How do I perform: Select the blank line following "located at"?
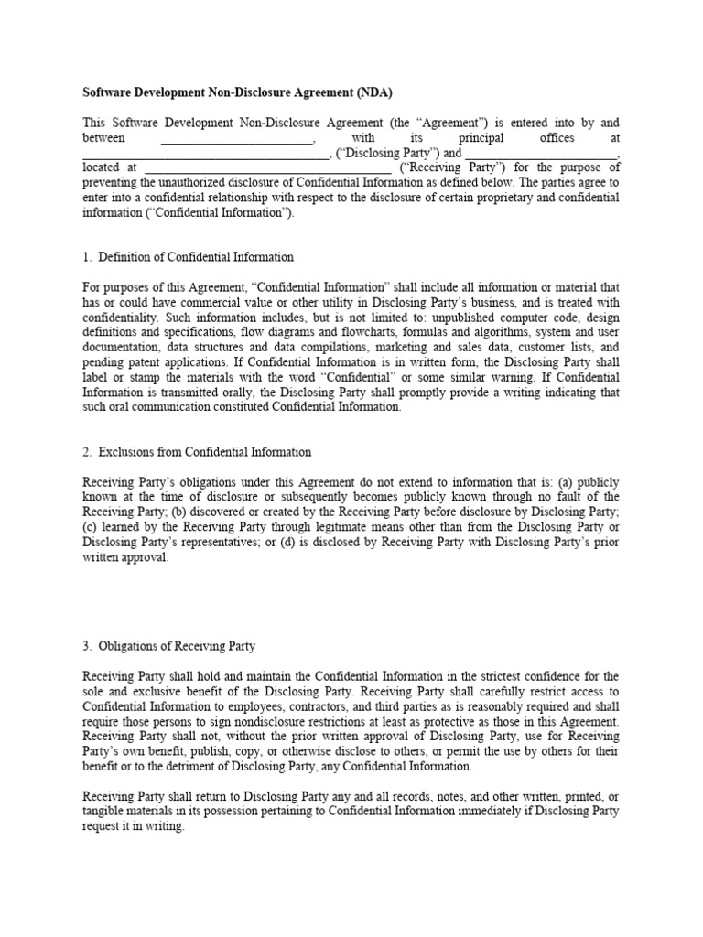click(267, 167)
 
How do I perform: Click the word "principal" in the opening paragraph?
click(483, 137)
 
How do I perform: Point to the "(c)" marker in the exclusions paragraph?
click(91, 527)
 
